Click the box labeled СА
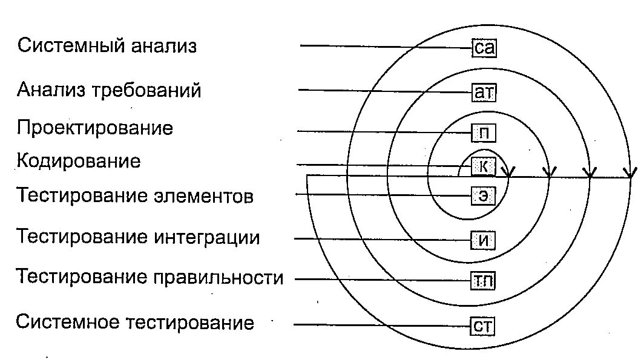(484, 48)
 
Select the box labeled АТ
(484, 93)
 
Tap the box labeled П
(484, 131)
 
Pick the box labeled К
(484, 165)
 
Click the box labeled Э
(484, 195)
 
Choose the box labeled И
(484, 240)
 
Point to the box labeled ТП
(484, 280)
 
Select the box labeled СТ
(484, 327)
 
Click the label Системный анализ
(107, 46)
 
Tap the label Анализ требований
(109, 91)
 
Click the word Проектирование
(95, 128)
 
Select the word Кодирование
(79, 162)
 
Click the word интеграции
(207, 237)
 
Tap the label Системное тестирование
(135, 322)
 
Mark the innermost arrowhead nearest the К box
(509, 173)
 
